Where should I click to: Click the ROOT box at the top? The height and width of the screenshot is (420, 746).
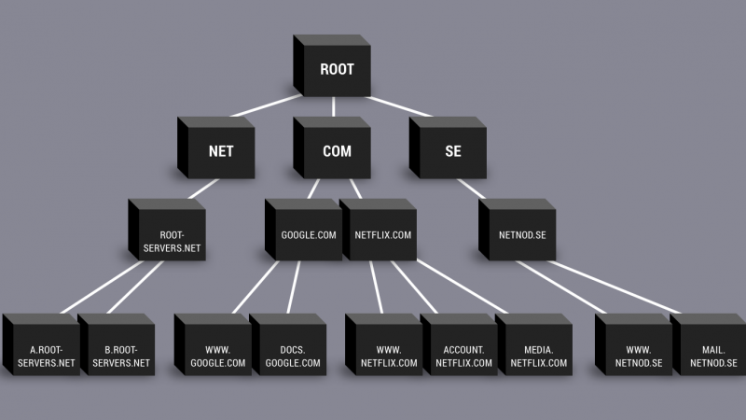[332, 69]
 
